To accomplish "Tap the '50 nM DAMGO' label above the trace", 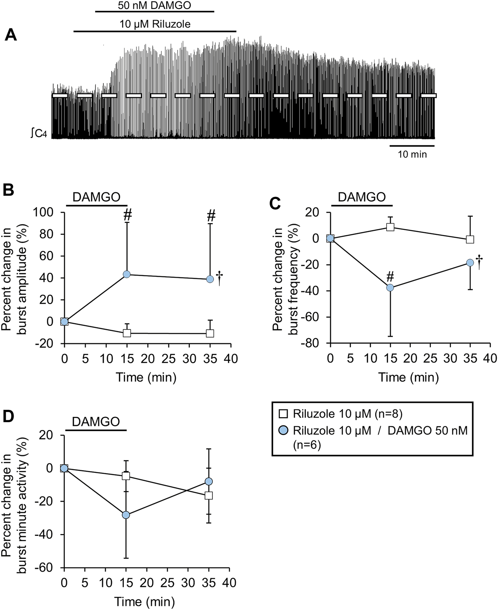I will tap(155, 5).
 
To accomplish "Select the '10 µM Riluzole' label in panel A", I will tap(155, 24).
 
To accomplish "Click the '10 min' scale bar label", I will tap(412, 154).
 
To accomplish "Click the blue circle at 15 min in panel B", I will tap(127, 274).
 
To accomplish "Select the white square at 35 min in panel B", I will tap(210, 333).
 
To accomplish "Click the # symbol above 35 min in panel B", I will tap(211, 215).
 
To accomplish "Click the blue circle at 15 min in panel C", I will tap(390, 287).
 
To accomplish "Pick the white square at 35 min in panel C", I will tap(470, 239).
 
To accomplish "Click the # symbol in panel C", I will tap(391, 275).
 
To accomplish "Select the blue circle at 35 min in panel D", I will tap(209, 481).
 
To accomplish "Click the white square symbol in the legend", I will tap(284, 414).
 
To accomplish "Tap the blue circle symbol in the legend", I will tap(284, 431).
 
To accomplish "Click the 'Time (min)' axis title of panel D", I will tap(144, 602).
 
